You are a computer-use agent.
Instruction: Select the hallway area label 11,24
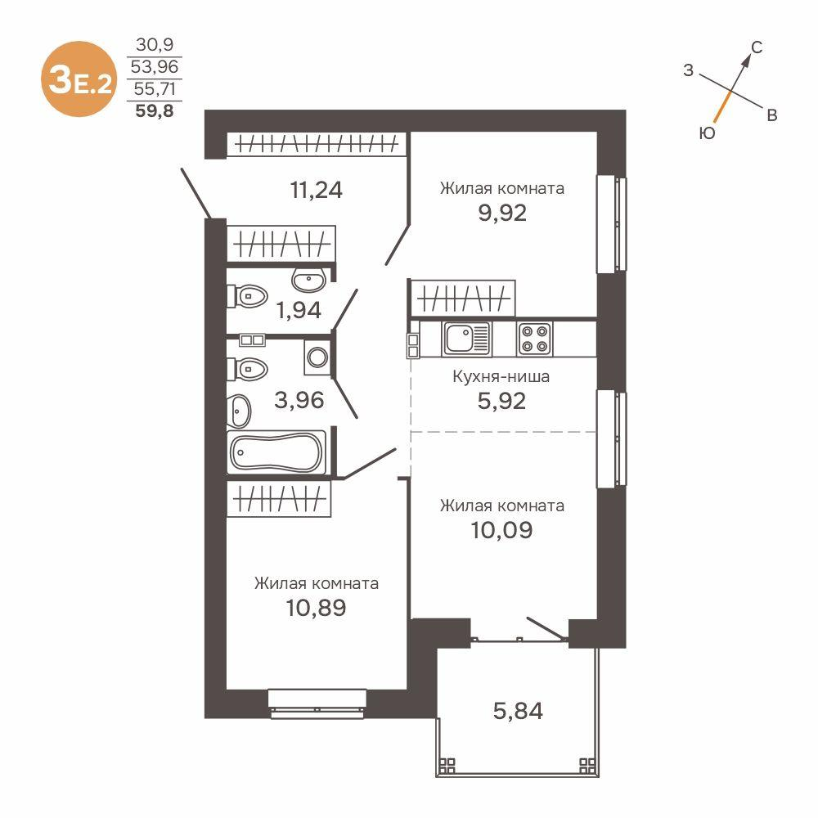[x=316, y=190]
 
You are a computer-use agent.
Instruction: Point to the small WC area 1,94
[x=298, y=310]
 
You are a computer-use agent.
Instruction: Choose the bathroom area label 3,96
[x=299, y=401]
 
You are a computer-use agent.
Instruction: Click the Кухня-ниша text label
[x=501, y=377]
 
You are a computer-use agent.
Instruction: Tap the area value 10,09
[x=501, y=530]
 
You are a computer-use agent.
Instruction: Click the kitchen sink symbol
[x=466, y=339]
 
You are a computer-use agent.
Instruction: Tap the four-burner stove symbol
[x=534, y=339]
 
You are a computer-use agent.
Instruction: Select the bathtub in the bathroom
[x=278, y=452]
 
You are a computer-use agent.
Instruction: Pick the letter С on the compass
[x=757, y=48]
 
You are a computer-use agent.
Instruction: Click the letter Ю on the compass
[x=708, y=133]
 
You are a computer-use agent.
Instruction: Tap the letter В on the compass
[x=771, y=115]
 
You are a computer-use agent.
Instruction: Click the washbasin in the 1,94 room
[x=311, y=281]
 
